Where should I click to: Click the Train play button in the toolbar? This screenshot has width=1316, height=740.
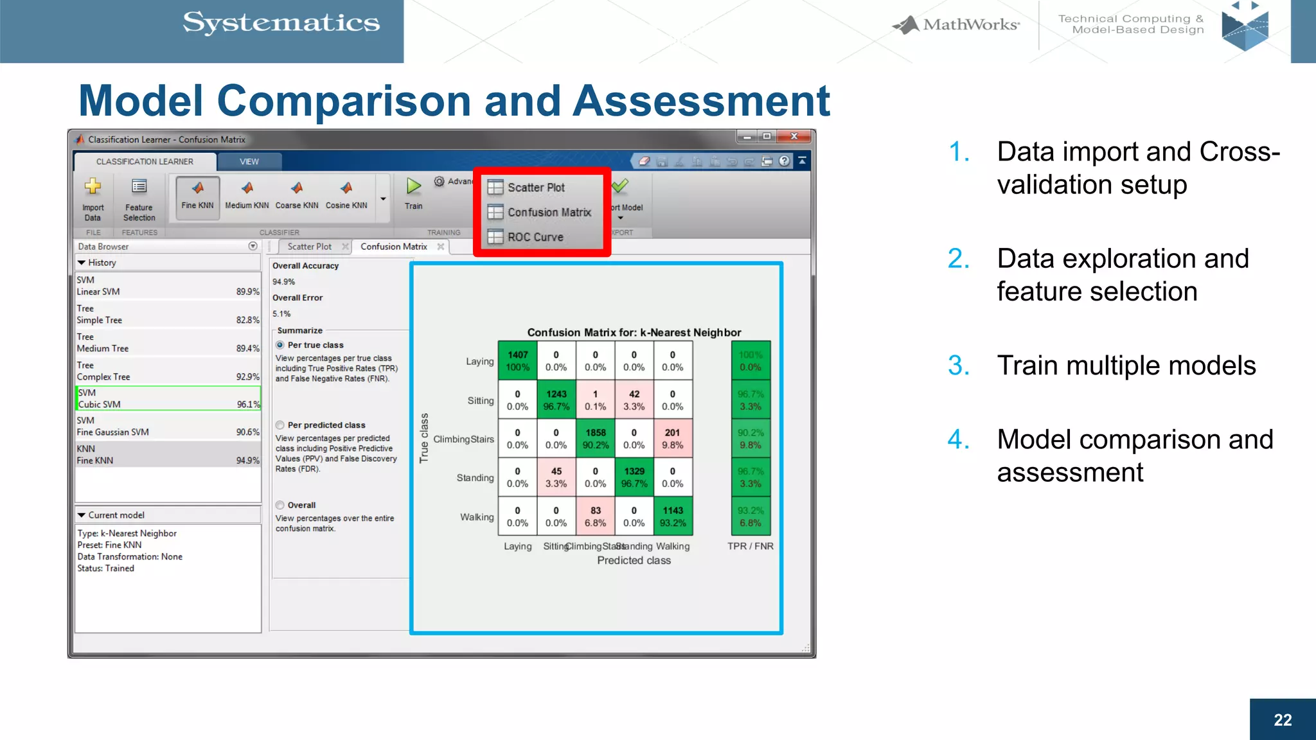point(413,187)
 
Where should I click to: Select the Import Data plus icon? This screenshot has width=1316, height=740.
point(93,187)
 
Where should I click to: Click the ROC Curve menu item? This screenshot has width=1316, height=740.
point(535,237)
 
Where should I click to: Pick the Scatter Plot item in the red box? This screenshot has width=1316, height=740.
point(535,188)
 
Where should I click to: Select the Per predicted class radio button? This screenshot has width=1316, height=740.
point(280,425)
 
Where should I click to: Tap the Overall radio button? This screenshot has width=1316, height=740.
point(280,505)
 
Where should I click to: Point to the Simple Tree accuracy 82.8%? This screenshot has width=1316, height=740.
point(247,320)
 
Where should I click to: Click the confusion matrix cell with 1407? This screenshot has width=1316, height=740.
point(518,361)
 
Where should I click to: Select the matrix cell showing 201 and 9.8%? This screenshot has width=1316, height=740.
point(673,439)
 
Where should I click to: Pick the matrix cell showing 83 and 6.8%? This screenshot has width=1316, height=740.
point(596,516)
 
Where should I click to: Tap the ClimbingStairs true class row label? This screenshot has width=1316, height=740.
point(463,439)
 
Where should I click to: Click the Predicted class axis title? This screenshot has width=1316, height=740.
point(634,560)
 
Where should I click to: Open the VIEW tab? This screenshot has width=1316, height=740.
point(249,161)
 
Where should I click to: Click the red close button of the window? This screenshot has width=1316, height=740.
point(794,136)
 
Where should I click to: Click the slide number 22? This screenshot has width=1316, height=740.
point(1283,719)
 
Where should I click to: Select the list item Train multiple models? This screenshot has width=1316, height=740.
point(1126,366)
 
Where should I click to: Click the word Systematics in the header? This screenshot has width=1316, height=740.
point(281,23)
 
